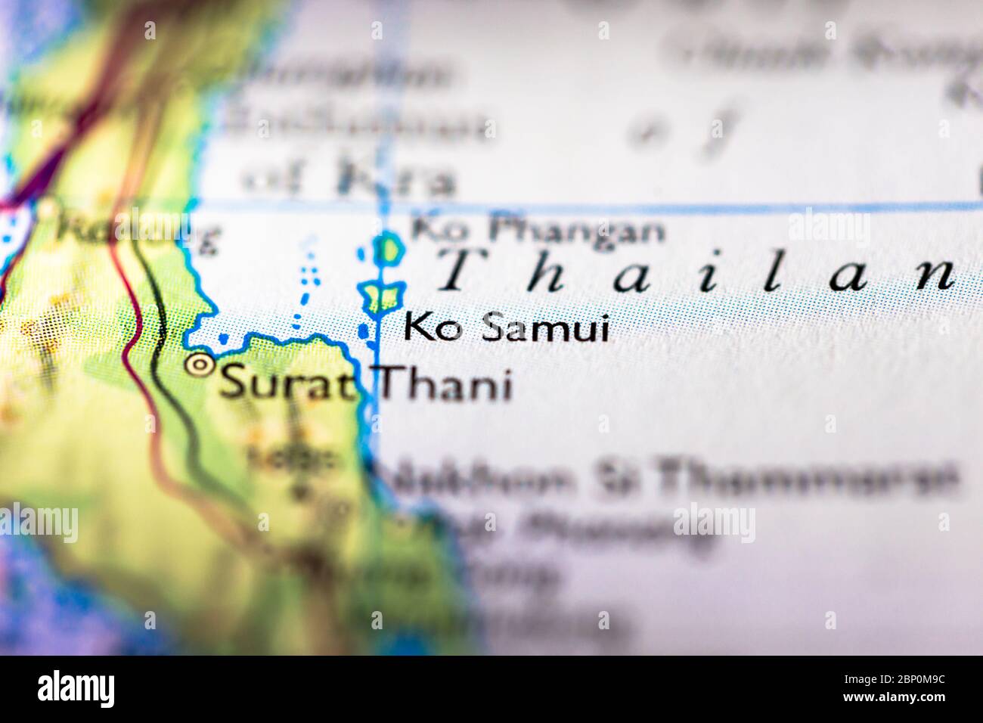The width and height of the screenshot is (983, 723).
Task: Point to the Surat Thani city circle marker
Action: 200,366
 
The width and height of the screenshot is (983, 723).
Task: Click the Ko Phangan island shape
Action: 389,249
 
